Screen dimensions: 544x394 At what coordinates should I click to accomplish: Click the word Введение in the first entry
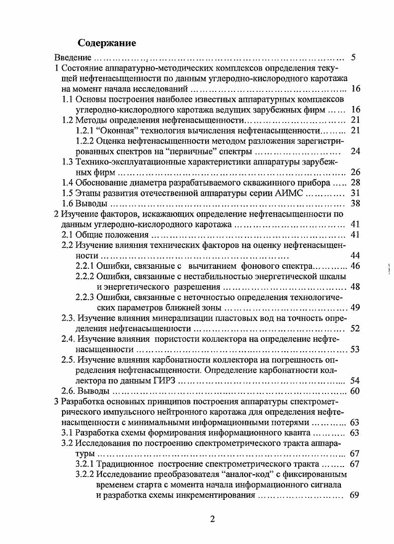71,58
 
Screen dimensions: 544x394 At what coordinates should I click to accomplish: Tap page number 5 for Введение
353,57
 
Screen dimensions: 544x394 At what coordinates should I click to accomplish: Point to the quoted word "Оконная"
115,131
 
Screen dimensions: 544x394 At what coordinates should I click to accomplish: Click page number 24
355,152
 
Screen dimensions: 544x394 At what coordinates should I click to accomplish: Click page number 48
355,287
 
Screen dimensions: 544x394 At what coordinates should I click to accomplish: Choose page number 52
355,328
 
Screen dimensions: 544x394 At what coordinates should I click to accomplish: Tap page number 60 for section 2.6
355,391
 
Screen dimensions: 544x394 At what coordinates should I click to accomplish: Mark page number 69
355,495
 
